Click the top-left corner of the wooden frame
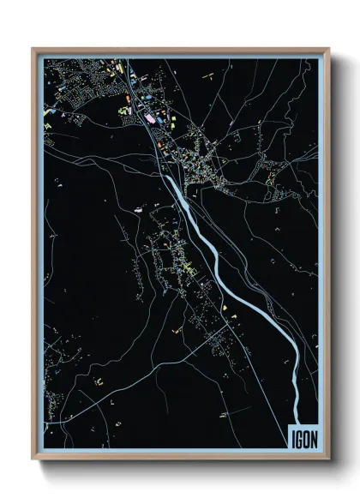point(33,49)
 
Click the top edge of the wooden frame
point(180,49)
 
